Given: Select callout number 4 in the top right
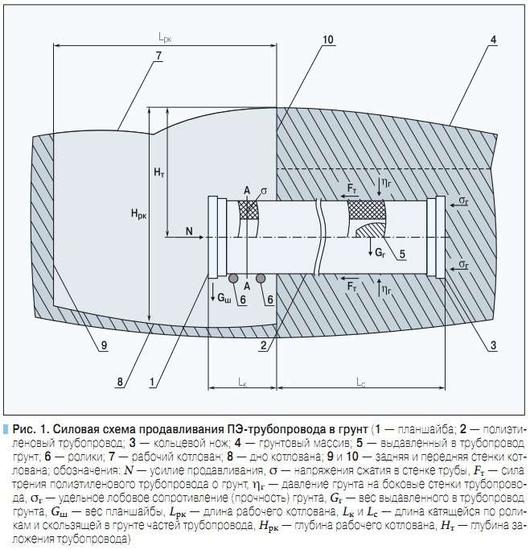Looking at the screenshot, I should [x=492, y=39].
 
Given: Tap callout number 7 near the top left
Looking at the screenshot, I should [x=158, y=55].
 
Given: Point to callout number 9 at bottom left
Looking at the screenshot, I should [x=104, y=345].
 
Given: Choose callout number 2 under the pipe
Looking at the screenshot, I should [x=263, y=345].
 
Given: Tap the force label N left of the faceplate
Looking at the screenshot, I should [x=189, y=231].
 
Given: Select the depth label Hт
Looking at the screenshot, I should [x=158, y=173].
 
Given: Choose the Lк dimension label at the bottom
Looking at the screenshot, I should [x=242, y=380].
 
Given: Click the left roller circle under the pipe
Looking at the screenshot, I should [x=233, y=279].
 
